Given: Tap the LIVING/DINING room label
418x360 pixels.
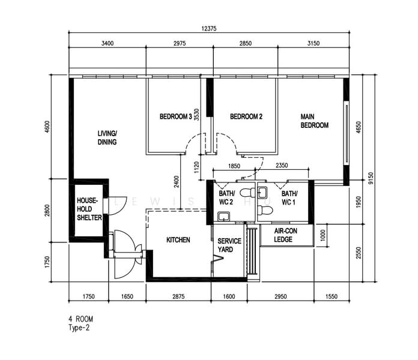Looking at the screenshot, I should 108,137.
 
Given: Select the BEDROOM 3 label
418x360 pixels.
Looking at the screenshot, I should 176,116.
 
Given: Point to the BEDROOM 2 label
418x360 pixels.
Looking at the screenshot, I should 246,116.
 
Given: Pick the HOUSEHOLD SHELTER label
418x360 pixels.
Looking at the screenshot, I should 89,209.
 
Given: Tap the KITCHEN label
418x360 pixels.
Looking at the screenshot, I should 178,240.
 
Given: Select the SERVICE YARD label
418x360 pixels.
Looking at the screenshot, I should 229,245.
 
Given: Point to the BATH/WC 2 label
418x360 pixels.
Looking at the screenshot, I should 226,198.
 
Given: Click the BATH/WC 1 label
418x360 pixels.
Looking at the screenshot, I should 290,198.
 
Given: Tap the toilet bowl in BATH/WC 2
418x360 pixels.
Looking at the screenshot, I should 246,193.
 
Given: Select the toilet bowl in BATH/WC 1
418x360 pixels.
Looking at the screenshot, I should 265,209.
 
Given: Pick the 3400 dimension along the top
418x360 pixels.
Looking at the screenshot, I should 108,43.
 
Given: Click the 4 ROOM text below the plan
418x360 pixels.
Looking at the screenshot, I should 81,319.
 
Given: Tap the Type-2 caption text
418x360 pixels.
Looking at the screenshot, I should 80,328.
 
